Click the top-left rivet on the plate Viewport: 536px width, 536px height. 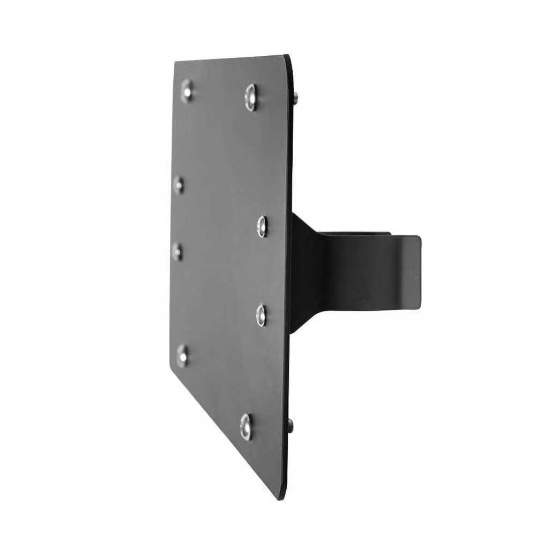187,90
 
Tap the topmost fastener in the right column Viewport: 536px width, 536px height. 251,97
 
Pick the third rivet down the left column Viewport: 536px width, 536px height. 177,251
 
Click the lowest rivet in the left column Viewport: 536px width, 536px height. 183,355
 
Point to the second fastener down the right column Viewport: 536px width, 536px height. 262,226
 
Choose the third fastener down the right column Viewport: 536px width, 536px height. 261,315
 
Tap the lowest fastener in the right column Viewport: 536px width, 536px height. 246,426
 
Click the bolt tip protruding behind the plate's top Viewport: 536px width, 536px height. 295,96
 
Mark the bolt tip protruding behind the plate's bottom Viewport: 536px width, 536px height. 291,426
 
